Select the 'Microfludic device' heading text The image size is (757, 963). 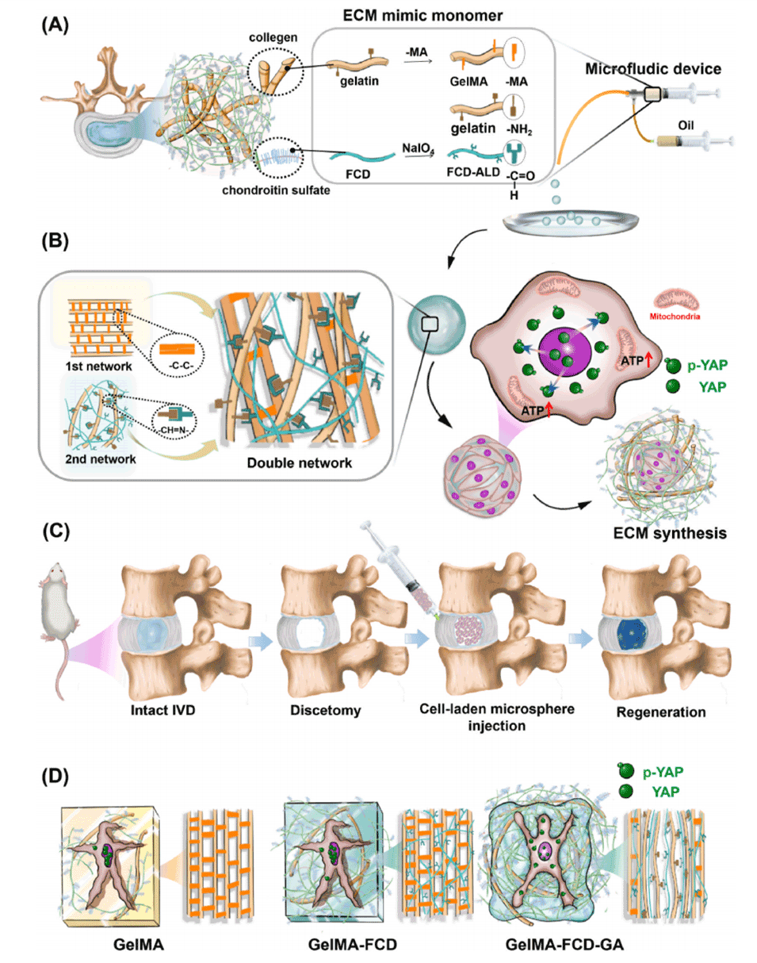tap(652, 69)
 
